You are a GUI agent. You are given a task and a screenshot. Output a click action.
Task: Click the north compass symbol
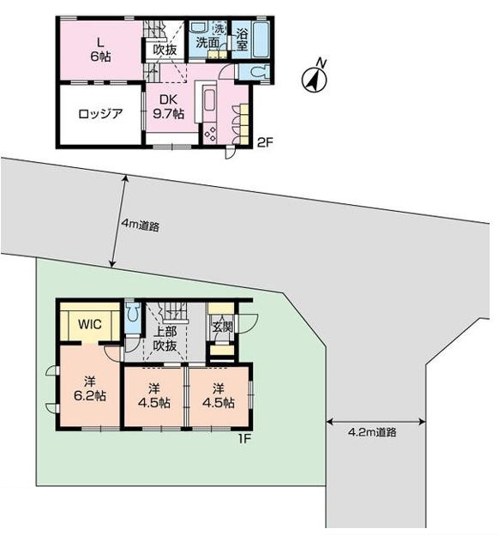[314, 79]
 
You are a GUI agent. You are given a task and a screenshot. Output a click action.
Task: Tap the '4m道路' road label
[141, 225]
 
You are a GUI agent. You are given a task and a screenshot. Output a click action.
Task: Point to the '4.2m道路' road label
[372, 432]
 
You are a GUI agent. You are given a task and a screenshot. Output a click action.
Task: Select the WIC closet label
[90, 324]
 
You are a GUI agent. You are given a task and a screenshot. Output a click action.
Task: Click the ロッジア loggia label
[100, 113]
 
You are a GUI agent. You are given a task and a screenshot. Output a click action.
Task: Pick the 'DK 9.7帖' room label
[168, 106]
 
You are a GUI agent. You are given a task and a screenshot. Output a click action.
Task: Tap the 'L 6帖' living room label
[100, 50]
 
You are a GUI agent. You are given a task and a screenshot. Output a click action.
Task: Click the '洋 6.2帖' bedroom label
[90, 388]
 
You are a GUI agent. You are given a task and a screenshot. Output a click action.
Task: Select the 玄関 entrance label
[223, 327]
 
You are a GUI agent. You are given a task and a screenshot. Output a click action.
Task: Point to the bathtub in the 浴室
[262, 39]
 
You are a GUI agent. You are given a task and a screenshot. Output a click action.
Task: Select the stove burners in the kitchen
[210, 134]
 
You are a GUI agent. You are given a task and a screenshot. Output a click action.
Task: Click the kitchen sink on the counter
[209, 100]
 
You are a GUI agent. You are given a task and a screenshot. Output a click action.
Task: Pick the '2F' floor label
[265, 142]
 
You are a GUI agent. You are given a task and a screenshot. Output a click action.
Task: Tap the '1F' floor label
[244, 439]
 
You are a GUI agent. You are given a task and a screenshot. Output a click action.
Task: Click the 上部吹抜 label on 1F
[165, 339]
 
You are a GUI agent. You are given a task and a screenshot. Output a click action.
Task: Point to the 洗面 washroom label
[207, 43]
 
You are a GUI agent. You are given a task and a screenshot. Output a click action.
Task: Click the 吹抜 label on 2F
[165, 50]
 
